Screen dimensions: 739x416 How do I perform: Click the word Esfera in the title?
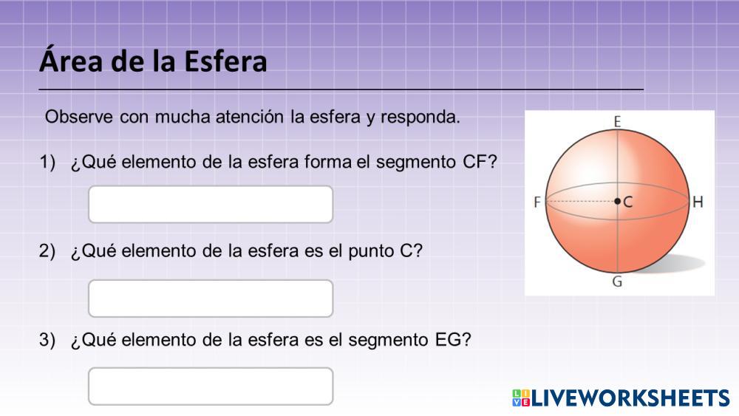coord(225,62)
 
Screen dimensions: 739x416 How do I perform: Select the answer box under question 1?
coord(211,205)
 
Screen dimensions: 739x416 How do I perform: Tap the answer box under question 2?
coord(211,299)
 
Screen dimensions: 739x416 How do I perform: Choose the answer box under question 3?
coord(211,386)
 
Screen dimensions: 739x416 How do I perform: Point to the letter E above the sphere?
coord(617,122)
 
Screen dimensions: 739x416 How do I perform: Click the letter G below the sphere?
coord(617,282)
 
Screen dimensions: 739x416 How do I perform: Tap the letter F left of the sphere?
coord(537,202)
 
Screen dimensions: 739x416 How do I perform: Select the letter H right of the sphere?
coord(698,202)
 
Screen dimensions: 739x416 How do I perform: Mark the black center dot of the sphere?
coord(617,201)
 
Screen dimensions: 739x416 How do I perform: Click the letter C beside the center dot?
coord(627,202)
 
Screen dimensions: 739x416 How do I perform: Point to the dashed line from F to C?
coord(581,201)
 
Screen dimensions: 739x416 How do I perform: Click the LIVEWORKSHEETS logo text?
coord(630,398)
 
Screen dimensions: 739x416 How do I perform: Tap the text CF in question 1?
coord(474,162)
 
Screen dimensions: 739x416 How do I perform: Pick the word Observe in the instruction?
coord(79,116)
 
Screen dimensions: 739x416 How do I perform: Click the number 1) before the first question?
coord(47,162)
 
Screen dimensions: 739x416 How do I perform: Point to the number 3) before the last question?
coord(47,339)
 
